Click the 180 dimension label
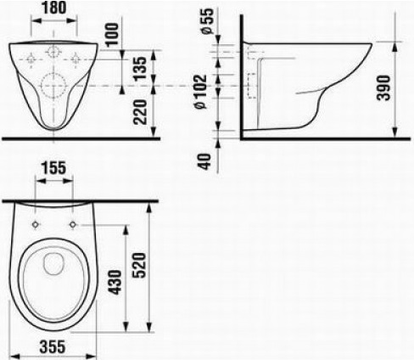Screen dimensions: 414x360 click(54, 8)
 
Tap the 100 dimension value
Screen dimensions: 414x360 click(112, 34)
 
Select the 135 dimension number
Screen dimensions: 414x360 click(140, 69)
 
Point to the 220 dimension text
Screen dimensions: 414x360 click(140, 112)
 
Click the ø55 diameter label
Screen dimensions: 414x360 click(207, 21)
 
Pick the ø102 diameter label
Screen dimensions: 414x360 click(201, 92)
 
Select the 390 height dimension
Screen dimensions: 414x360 click(383, 87)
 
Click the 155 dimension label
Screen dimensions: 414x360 click(53, 168)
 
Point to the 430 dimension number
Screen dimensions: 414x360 click(115, 282)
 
